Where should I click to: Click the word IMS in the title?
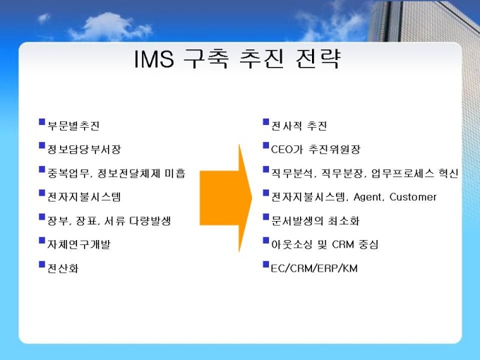(155, 59)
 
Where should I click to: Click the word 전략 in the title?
(318, 59)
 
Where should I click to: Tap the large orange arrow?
(226, 198)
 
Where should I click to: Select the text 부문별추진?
(73, 126)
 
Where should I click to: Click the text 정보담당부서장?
(84, 150)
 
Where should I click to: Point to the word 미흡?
(175, 173)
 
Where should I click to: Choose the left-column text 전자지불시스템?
(84, 197)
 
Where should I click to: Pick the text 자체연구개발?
(78, 244)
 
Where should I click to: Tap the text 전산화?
(63, 268)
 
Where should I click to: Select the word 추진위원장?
(335, 150)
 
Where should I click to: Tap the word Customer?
(413, 197)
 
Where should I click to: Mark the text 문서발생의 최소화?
(316, 221)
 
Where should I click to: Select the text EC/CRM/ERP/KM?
(314, 268)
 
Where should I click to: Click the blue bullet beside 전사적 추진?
(266, 122)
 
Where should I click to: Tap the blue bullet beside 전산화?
(42, 265)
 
